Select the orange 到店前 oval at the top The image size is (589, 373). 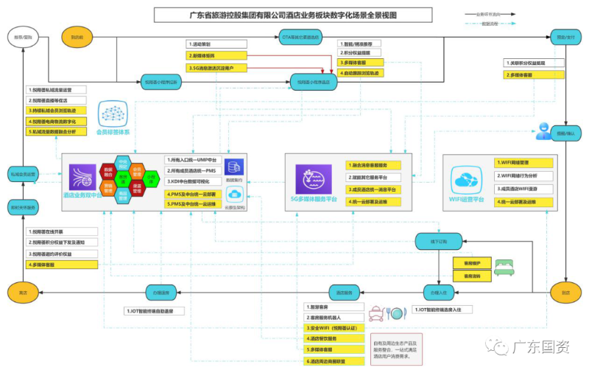coord(77,36)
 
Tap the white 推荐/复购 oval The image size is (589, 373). coord(22,36)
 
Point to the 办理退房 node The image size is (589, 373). coord(162,293)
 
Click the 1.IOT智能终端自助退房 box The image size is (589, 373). coord(164,311)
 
